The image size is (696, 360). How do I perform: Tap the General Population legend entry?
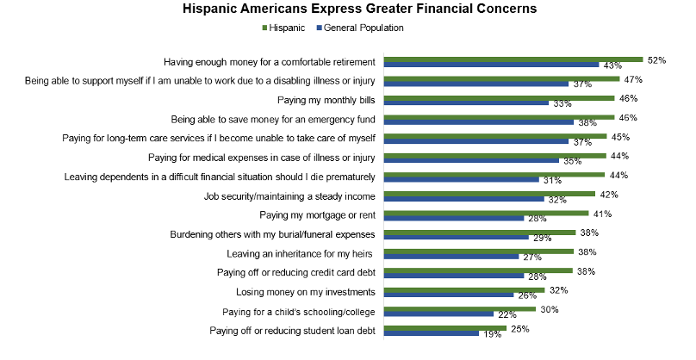point(362,28)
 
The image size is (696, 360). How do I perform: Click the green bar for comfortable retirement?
point(513,59)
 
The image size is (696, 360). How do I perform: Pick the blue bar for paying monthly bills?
point(466,103)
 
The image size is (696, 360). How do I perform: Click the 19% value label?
point(493,334)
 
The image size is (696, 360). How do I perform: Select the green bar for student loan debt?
point(443,328)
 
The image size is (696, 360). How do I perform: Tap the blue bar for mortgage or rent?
point(453,218)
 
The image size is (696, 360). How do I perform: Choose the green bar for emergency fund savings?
point(498,117)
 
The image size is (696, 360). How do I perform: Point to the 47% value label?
point(634,78)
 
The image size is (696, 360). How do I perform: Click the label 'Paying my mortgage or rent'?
point(318,215)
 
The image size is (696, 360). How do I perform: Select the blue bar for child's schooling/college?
point(438,314)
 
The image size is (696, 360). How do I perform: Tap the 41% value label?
point(600,213)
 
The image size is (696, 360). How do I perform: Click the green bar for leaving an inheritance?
point(478,251)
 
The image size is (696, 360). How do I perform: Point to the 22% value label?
point(506,314)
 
